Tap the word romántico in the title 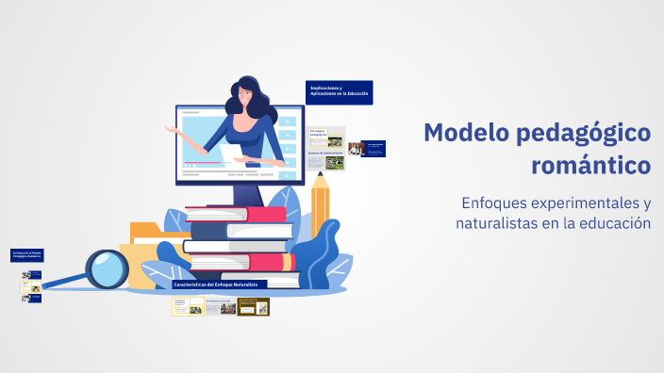pos(591,166)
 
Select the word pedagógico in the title pos(584,133)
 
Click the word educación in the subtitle pos(618,223)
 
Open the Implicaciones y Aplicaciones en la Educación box pos(340,92)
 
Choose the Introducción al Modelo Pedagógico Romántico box pos(27,255)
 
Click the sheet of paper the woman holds pos(231,154)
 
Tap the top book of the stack pos(237,214)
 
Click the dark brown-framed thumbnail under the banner pos(253,306)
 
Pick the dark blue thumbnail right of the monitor pos(373,148)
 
